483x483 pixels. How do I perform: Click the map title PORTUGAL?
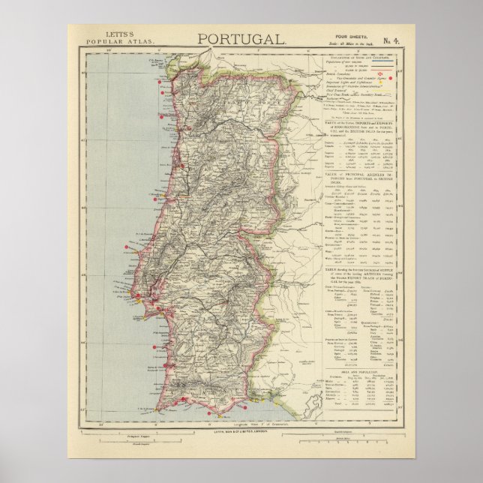(241, 39)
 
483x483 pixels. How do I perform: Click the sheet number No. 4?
(389, 38)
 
